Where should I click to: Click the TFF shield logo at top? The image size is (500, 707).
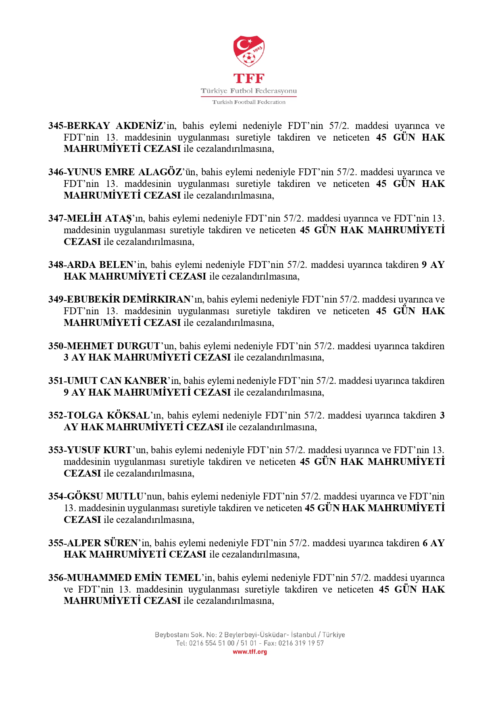pos(249,51)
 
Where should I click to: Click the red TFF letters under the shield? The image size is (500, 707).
pos(249,78)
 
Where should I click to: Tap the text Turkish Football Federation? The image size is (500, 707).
pos(249,102)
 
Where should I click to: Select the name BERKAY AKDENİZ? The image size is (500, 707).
pos(115,126)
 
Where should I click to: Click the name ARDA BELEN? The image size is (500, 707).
pos(100,265)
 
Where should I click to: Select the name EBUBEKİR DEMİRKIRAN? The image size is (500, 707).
pos(129,299)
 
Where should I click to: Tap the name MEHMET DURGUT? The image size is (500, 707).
pos(114,346)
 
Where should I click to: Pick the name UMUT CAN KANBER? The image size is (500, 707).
pos(117,381)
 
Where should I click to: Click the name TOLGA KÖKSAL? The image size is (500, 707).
pos(108,415)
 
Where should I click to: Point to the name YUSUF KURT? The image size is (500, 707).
pos(99,450)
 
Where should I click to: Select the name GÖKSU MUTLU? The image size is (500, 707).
pos(105,496)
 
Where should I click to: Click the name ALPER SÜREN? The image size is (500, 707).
pos(102,543)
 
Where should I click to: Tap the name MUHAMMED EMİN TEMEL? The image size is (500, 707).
pos(133,578)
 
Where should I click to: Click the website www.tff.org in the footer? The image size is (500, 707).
pos(250,652)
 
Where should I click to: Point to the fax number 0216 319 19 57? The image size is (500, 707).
pos(301,643)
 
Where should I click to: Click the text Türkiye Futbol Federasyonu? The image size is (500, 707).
pos(249,91)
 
